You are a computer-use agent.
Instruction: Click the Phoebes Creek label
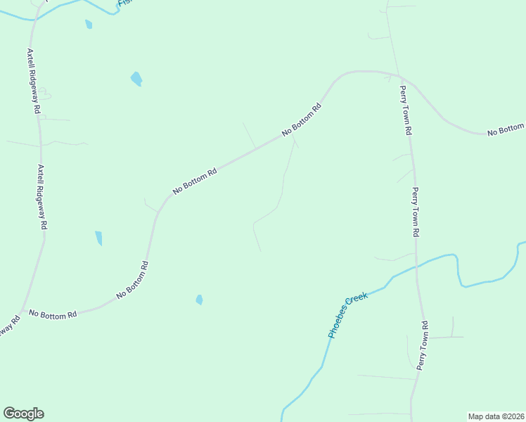point(348,316)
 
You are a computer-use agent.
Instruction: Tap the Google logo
point(23,414)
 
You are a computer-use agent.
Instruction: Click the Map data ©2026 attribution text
point(496,416)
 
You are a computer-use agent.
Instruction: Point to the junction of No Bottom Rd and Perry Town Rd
point(398,75)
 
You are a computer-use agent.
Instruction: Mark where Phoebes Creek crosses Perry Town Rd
point(416,267)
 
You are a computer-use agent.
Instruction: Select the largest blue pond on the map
point(136,79)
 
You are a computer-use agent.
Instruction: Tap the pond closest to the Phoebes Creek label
point(200,300)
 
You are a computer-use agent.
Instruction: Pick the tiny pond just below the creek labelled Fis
point(89,25)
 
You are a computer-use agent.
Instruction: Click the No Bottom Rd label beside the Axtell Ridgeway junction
point(53,315)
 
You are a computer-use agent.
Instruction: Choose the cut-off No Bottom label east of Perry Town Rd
point(506,129)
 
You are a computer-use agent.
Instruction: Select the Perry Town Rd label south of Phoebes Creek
point(423,345)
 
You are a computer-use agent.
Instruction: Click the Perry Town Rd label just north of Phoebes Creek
point(416,212)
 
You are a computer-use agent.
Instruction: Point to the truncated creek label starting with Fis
point(125,4)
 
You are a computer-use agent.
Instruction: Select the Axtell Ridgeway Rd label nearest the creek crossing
point(34,81)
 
